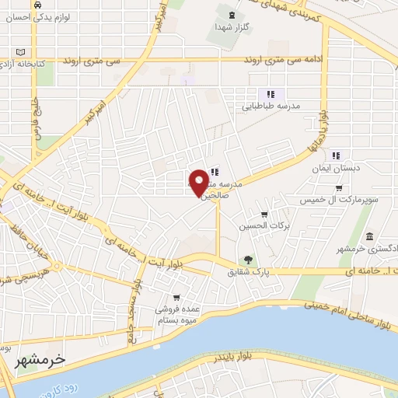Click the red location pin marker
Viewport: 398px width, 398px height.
pyautogui.click(x=199, y=183)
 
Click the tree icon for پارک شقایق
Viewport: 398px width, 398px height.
pyautogui.click(x=248, y=260)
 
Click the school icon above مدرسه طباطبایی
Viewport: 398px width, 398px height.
pyautogui.click(x=272, y=93)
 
